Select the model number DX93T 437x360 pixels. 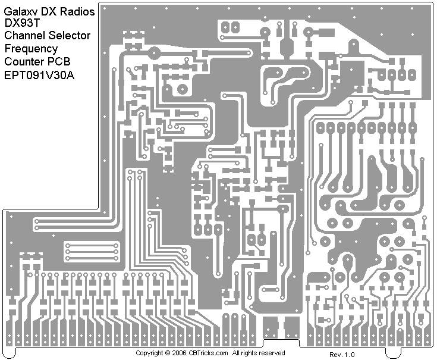[x=21, y=22]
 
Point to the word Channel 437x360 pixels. [x=24, y=35]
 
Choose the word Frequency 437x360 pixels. [x=31, y=49]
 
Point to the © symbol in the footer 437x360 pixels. [x=168, y=353]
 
